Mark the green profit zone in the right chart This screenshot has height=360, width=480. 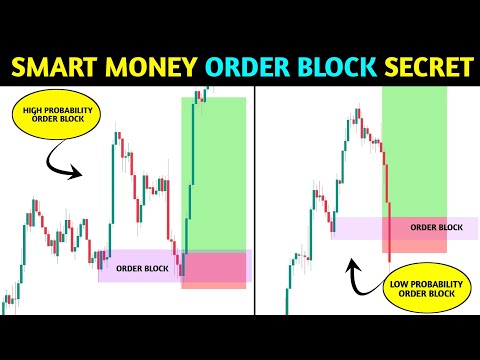(x=414, y=150)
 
